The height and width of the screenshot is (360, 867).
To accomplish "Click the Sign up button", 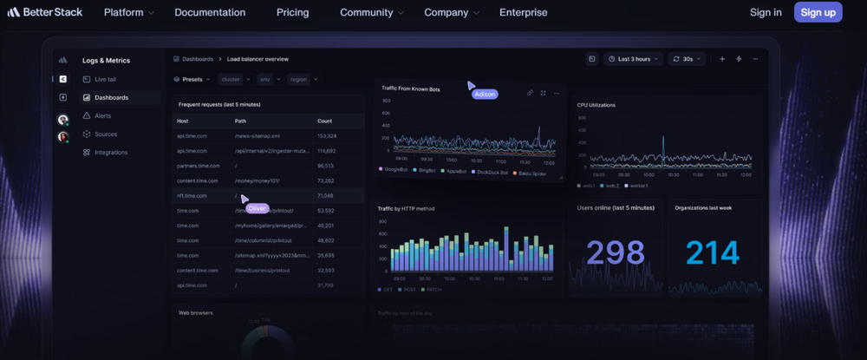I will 818,12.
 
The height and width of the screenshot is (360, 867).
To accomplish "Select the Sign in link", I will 766,12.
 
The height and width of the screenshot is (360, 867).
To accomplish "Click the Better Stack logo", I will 44,12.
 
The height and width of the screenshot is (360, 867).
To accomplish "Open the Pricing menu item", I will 292,12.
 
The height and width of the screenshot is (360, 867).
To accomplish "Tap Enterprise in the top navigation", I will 523,12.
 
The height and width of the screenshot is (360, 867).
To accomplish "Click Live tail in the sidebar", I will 106,79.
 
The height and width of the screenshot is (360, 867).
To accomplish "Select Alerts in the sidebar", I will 102,115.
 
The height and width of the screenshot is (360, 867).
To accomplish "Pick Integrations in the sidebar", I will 110,152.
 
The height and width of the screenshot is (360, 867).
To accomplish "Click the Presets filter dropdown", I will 192,79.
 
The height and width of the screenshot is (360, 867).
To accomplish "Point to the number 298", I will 616,252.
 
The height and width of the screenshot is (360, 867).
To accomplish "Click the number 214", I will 713,252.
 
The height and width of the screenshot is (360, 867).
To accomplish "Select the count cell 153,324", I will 327,136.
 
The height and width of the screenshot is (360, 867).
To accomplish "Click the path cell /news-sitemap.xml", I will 257,136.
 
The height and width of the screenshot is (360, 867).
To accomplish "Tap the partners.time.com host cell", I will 198,166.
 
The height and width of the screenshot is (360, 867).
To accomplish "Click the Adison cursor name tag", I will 486,94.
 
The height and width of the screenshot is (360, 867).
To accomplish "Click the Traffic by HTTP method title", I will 406,208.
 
